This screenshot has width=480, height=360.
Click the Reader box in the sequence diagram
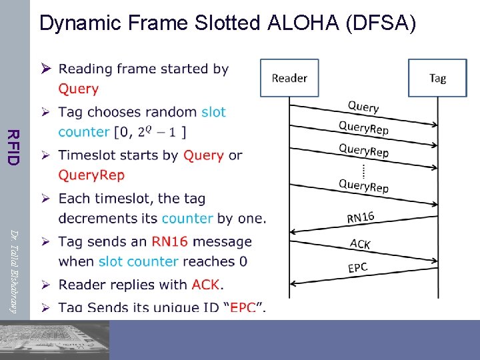click(x=289, y=79)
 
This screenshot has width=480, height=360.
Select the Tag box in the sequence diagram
click(x=437, y=79)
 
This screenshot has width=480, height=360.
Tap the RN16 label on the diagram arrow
click(x=361, y=216)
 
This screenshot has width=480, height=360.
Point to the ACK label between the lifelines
click(x=360, y=243)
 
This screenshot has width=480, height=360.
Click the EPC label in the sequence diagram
click(x=358, y=268)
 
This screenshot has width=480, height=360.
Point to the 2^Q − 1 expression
click(x=161, y=132)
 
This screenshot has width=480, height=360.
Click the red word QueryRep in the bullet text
click(x=91, y=175)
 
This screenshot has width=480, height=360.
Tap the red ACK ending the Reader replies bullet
click(x=205, y=285)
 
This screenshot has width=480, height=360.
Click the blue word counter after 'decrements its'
click(x=187, y=218)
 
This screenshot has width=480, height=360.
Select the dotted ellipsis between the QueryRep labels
click(x=363, y=169)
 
